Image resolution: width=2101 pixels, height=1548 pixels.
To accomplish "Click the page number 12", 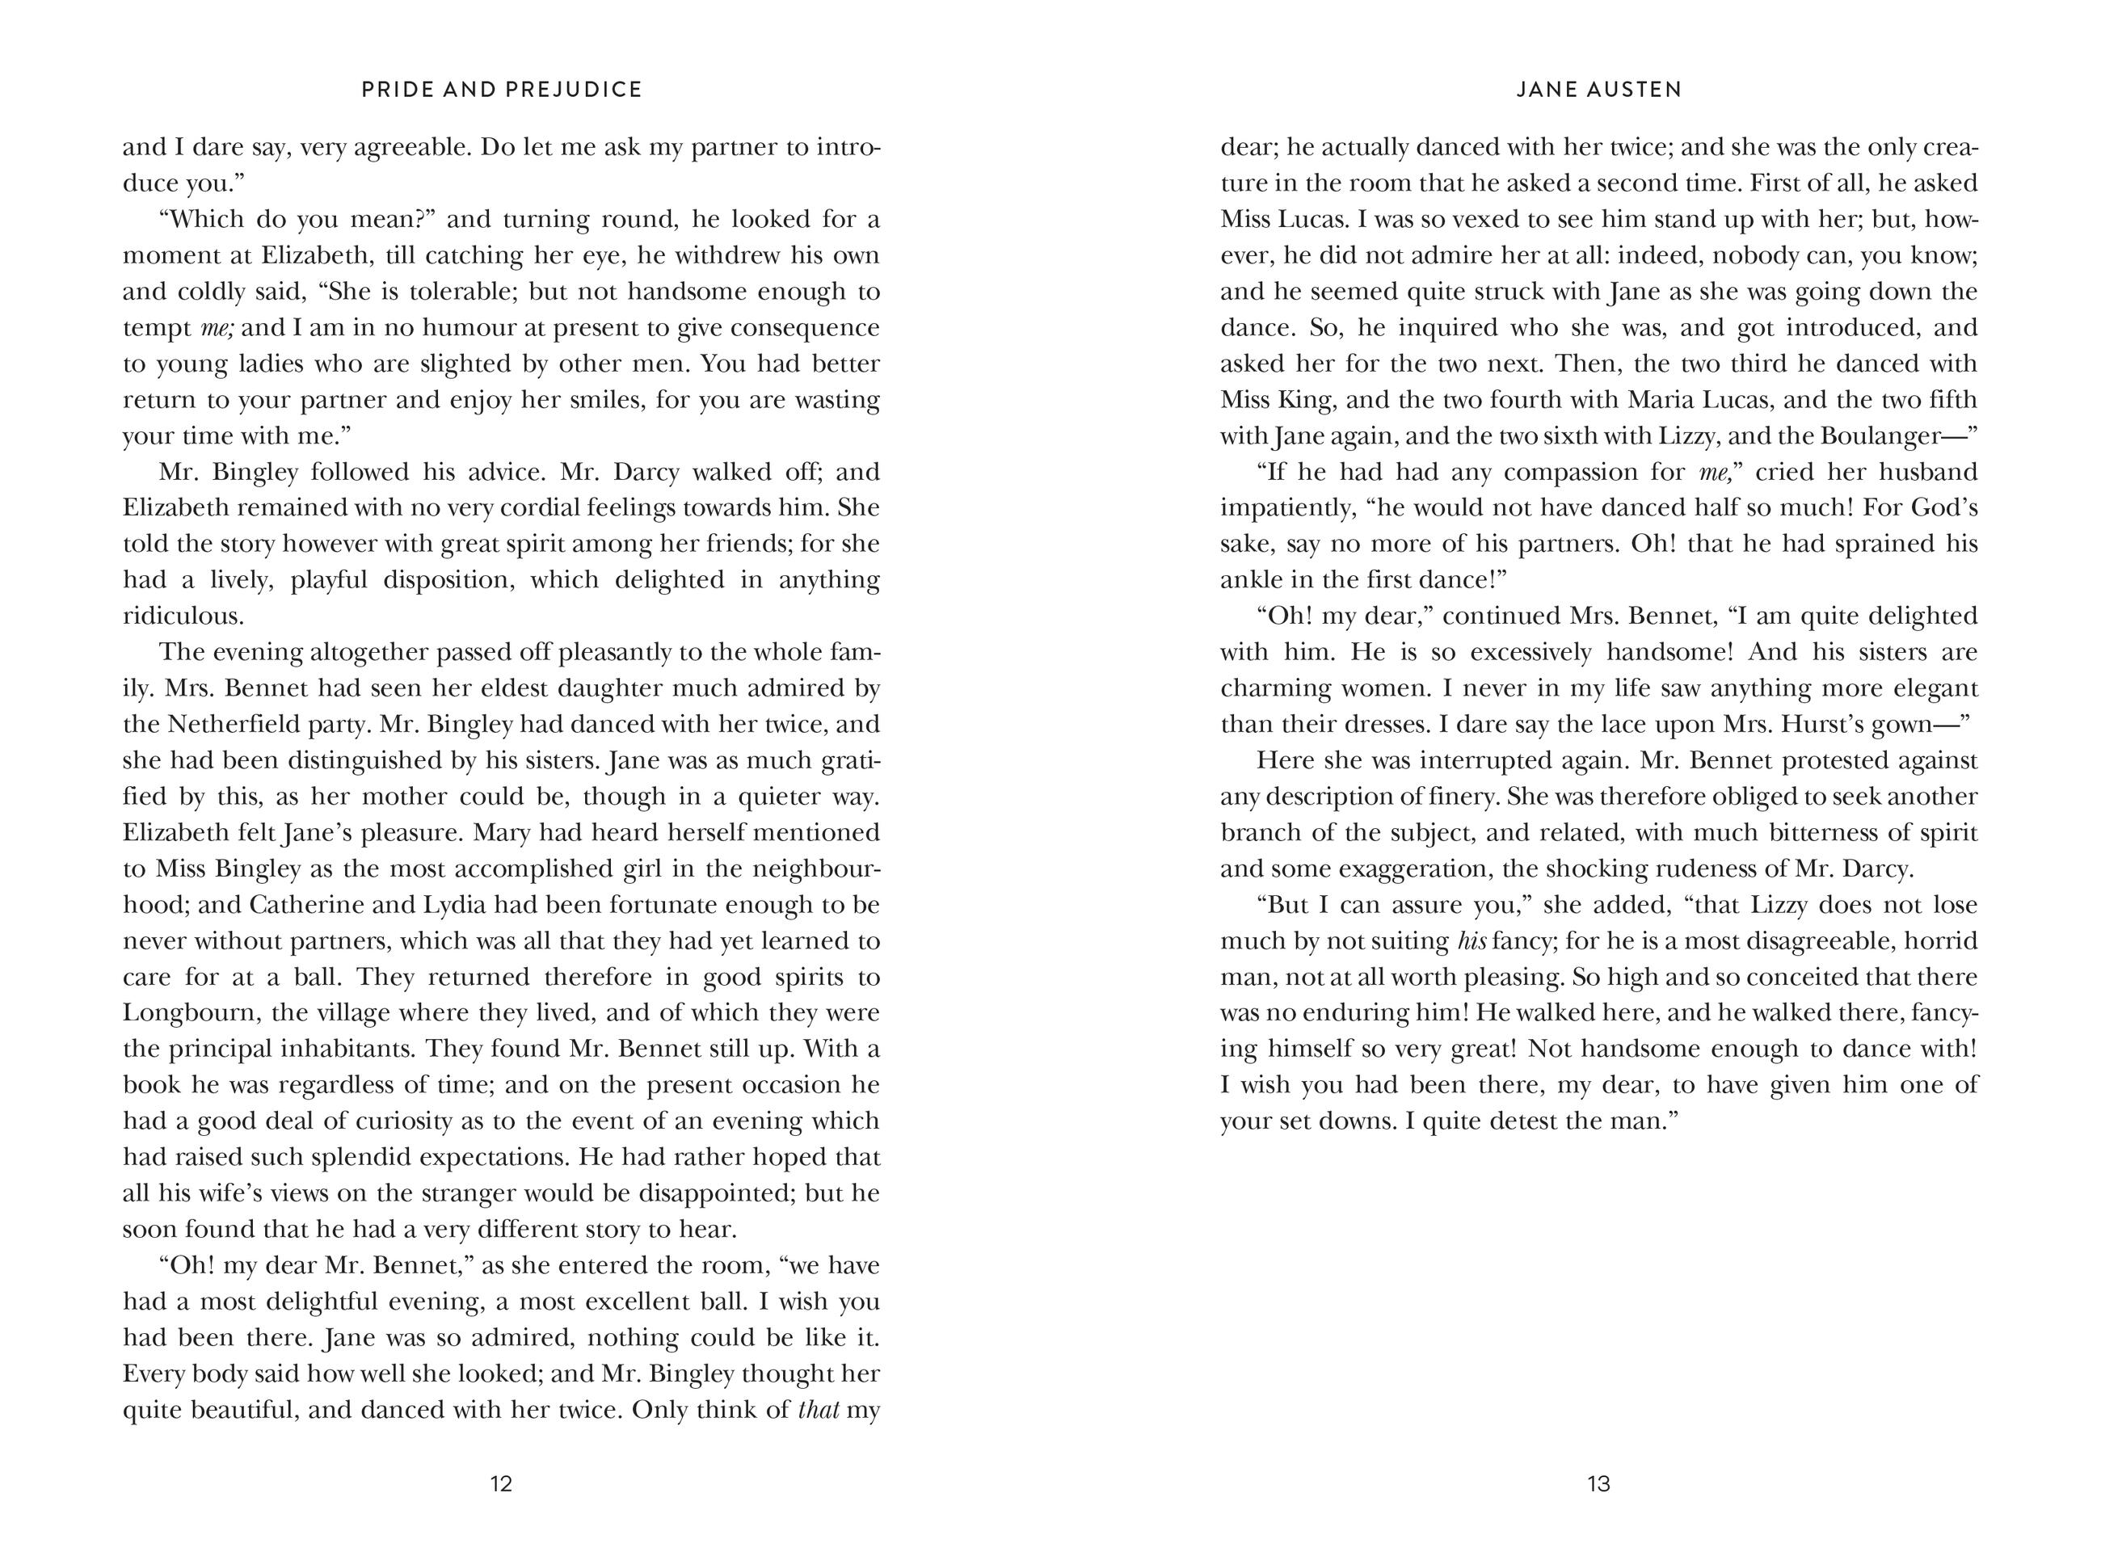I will [501, 1483].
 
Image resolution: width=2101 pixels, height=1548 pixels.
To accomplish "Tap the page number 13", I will [1598, 1483].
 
